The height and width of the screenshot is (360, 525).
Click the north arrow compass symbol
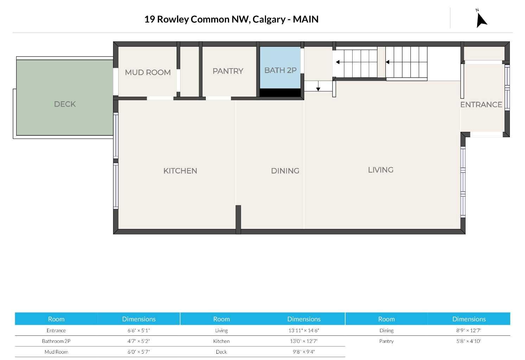481,20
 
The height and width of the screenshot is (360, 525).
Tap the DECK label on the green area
65,104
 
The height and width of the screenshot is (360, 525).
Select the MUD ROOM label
148,73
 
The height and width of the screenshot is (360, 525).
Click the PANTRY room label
228,71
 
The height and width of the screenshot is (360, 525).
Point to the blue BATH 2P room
280,68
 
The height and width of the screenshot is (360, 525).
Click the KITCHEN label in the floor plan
180,171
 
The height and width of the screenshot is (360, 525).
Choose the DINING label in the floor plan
285,171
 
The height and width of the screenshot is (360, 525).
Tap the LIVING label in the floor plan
381,170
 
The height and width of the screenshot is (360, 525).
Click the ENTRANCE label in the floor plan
481,105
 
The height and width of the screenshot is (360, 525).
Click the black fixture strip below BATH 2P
280,93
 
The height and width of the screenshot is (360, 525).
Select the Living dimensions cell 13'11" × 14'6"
304,330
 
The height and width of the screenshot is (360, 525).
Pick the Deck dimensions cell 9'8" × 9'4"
304,352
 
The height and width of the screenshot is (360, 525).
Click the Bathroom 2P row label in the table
56,341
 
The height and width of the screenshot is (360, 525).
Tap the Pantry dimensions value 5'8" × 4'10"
469,341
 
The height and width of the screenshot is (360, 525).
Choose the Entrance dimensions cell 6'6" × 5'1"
139,330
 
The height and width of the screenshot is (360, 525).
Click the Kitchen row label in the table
221,341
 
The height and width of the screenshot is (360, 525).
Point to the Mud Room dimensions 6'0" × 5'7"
139,352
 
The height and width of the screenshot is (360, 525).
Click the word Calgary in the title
269,20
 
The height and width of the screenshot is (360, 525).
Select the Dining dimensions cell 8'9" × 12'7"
469,330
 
